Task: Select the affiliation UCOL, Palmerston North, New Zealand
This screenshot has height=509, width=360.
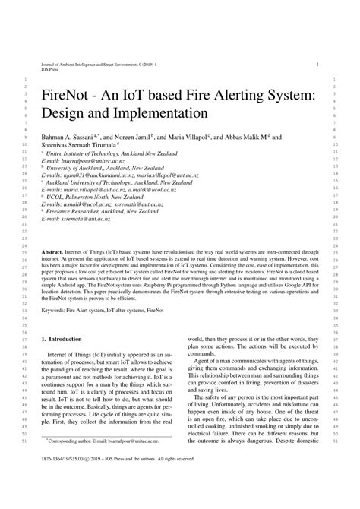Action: click(x=99, y=196)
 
